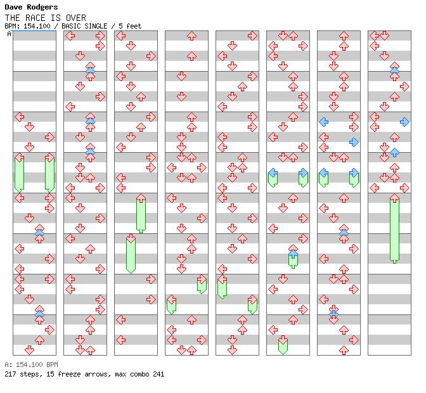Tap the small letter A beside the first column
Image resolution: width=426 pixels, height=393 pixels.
click(10, 34)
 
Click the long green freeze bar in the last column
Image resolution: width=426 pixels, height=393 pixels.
click(394, 229)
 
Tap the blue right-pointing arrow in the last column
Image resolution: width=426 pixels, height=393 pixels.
click(404, 122)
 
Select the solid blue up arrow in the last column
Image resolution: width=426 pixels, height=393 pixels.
click(394, 152)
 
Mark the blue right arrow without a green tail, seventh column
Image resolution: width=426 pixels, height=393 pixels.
click(354, 142)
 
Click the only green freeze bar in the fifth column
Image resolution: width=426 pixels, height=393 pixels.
click(222, 287)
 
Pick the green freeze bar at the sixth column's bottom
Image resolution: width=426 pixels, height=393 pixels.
click(283, 345)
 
